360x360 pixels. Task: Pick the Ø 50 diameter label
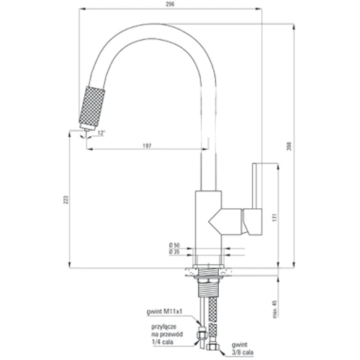click(x=174, y=246)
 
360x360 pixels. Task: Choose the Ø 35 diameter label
click(x=174, y=253)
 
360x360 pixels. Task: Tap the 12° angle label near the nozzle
click(x=102, y=133)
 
